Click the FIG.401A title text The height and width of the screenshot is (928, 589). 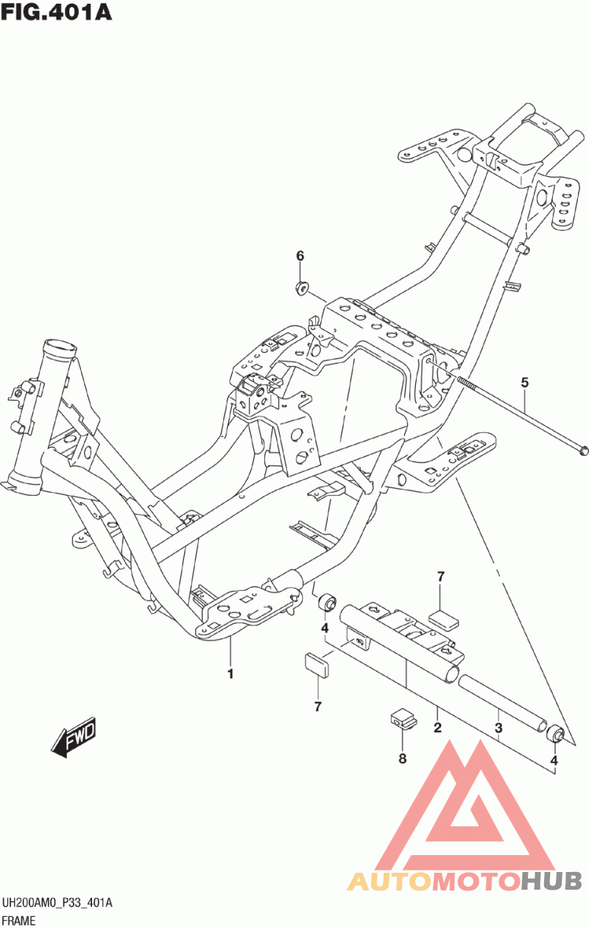(57, 12)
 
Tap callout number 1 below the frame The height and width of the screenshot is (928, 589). (230, 674)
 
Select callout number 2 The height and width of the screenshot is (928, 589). (437, 727)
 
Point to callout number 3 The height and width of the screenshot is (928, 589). (498, 728)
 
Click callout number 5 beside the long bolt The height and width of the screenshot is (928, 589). (525, 382)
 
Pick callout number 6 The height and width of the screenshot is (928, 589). (300, 256)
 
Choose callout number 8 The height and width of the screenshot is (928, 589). (402, 759)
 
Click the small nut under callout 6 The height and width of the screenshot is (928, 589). (303, 287)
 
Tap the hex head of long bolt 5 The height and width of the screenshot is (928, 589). (583, 450)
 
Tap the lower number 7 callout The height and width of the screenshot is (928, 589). (318, 707)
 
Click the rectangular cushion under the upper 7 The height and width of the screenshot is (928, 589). (443, 620)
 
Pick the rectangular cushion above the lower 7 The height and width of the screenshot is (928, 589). (317, 664)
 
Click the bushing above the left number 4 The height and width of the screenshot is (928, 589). (327, 602)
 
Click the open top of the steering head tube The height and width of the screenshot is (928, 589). (60, 345)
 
